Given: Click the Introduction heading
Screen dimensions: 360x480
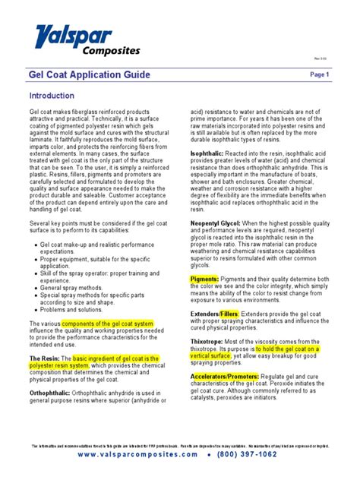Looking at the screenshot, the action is (52, 96).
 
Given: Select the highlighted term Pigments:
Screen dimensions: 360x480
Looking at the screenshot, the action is (204, 279).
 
